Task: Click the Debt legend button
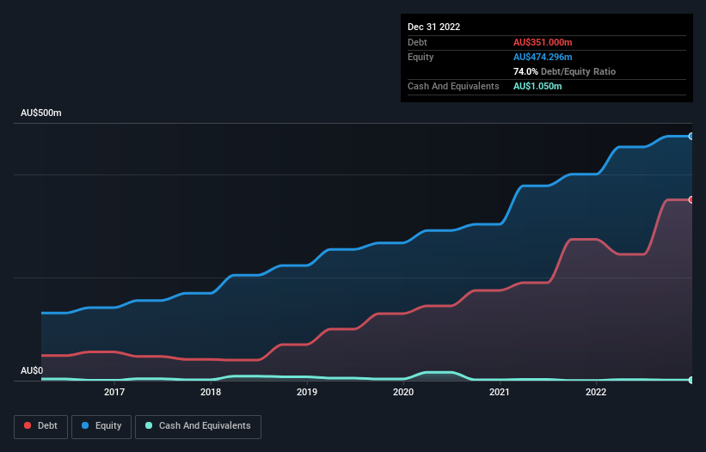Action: (x=40, y=426)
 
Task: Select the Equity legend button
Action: (x=101, y=426)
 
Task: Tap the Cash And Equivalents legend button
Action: (x=197, y=426)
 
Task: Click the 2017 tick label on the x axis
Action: (x=114, y=393)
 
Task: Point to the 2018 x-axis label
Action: (x=211, y=393)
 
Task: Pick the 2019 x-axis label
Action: (x=307, y=393)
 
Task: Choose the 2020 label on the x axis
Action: (x=403, y=393)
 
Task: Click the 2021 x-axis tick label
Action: (x=500, y=393)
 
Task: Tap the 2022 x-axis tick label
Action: (x=595, y=393)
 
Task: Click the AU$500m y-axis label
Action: (x=41, y=113)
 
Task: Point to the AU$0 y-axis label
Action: (x=32, y=370)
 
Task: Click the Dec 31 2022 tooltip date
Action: (x=433, y=27)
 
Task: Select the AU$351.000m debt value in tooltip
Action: (x=543, y=42)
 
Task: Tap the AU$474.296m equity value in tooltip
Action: (x=543, y=57)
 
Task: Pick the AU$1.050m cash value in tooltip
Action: (x=537, y=86)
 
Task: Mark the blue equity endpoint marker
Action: (x=691, y=136)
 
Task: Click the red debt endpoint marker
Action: (x=691, y=199)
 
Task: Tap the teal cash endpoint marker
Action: (x=691, y=380)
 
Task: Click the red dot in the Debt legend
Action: (x=28, y=426)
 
